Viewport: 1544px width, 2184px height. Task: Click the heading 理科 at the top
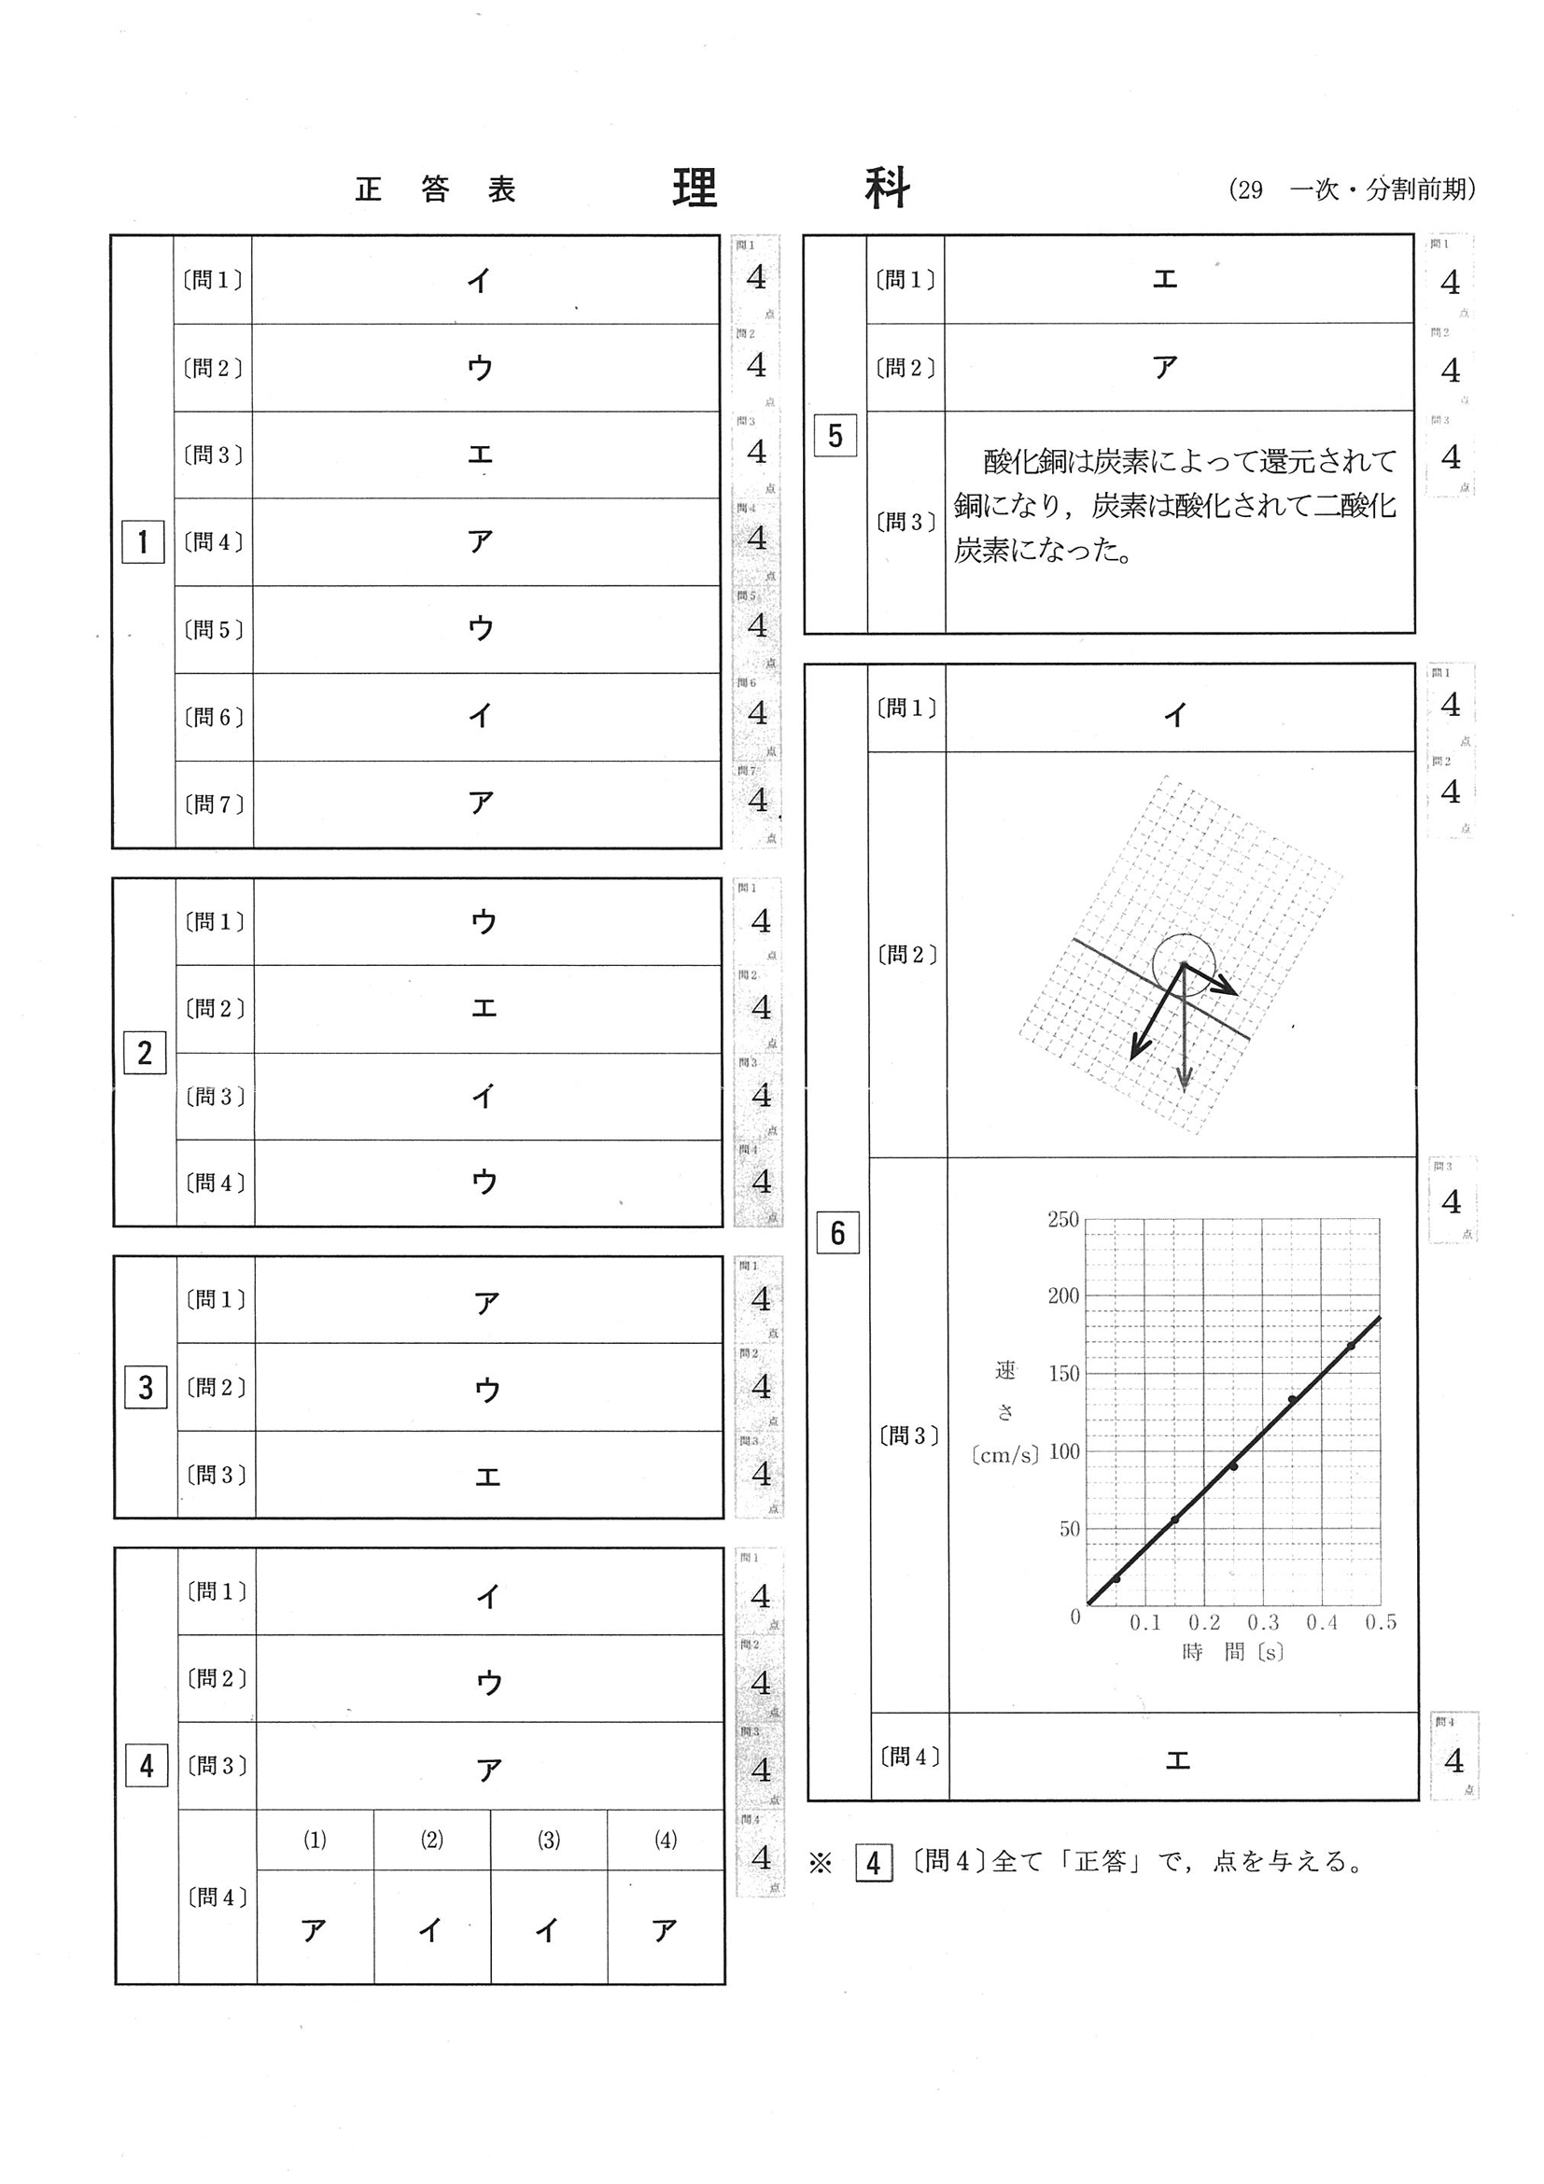pyautogui.click(x=791, y=189)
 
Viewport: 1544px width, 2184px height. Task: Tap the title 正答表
pyautogui.click(x=435, y=190)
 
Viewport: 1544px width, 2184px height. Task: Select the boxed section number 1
pyautogui.click(x=143, y=542)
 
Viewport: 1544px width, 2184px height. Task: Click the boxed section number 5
pyautogui.click(x=835, y=436)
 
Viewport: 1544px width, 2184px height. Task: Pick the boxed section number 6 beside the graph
pyautogui.click(x=837, y=1233)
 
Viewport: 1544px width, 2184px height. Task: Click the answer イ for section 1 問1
pyautogui.click(x=479, y=280)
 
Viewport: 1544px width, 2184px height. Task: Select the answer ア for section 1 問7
pyautogui.click(x=481, y=804)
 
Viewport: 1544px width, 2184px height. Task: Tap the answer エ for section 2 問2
pyautogui.click(x=484, y=1008)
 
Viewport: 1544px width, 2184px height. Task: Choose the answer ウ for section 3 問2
pyautogui.click(x=487, y=1390)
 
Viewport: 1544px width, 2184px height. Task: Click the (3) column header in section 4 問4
pyautogui.click(x=549, y=1841)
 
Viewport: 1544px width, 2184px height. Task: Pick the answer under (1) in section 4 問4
pyautogui.click(x=314, y=1930)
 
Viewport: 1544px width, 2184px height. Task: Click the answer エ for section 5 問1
pyautogui.click(x=1164, y=280)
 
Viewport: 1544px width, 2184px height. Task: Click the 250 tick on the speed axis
pyautogui.click(x=1062, y=1221)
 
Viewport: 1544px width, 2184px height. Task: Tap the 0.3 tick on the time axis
pyautogui.click(x=1262, y=1623)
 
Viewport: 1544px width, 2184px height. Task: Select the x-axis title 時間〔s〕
pyautogui.click(x=1232, y=1652)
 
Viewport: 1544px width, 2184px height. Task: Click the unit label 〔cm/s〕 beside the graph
pyautogui.click(x=1005, y=1454)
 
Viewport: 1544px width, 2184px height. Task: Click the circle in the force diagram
pyautogui.click(x=1184, y=962)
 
